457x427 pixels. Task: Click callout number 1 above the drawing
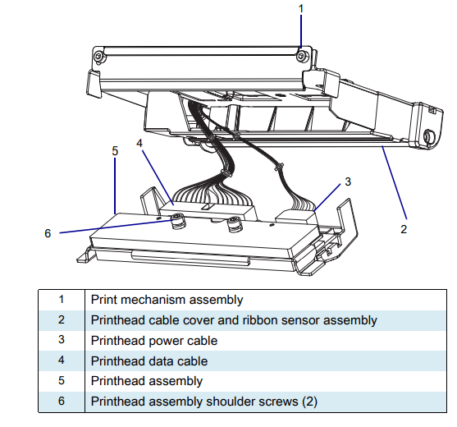pyautogui.click(x=301, y=8)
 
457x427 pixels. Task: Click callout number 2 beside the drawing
pyautogui.click(x=403, y=229)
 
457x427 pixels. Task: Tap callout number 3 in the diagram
pyautogui.click(x=347, y=181)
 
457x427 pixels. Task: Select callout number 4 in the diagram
pyautogui.click(x=139, y=143)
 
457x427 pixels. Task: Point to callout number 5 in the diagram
pyautogui.click(x=115, y=151)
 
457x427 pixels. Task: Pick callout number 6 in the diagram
pyautogui.click(x=48, y=232)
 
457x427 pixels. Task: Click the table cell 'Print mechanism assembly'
pyautogui.click(x=167, y=301)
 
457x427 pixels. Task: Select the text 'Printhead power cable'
pyautogui.click(x=153, y=341)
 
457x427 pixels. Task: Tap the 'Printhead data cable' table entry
pyautogui.click(x=149, y=361)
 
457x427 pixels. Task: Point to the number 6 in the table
pyautogui.click(x=61, y=402)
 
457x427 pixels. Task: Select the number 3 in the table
pyautogui.click(x=61, y=341)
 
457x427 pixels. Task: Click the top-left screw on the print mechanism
pyautogui.click(x=98, y=55)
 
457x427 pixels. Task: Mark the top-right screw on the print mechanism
pyautogui.click(x=302, y=56)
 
